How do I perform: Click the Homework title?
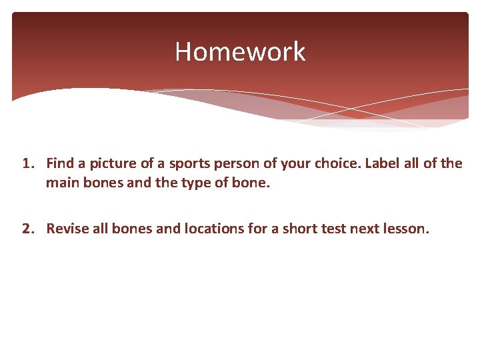[240, 51]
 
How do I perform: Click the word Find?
[60, 164]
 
